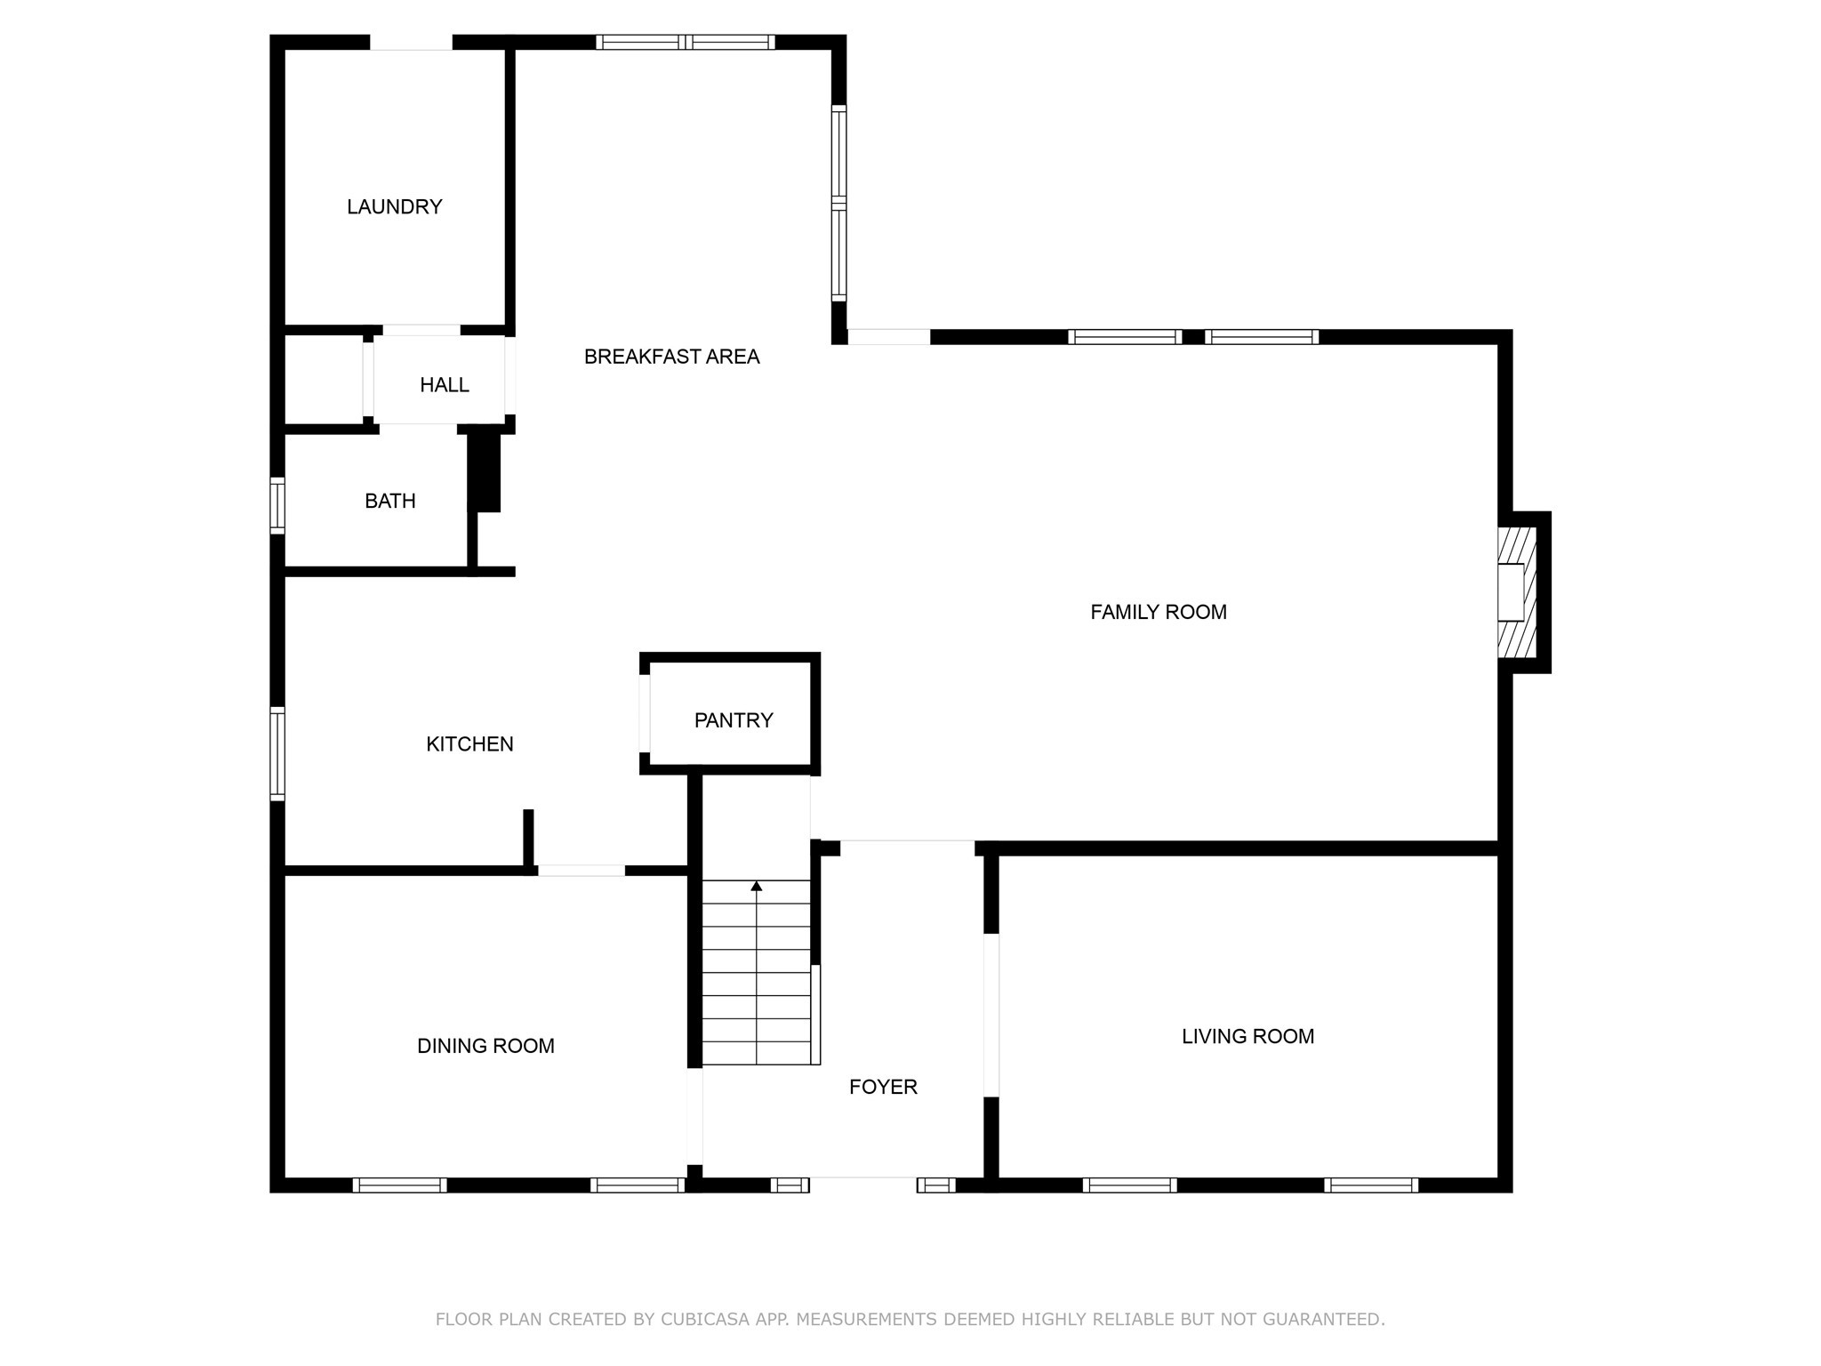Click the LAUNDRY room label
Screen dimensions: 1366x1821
click(394, 207)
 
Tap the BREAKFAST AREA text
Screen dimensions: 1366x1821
click(671, 357)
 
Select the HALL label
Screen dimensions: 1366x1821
click(444, 385)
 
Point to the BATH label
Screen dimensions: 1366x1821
click(389, 502)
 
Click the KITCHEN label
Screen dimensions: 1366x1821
click(469, 744)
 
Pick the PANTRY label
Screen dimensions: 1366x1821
click(734, 720)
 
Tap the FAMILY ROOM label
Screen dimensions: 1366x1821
click(1158, 612)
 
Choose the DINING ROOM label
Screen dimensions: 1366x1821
click(485, 1047)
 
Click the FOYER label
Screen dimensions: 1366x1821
click(883, 1087)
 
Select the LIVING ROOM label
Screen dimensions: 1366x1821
click(1247, 1036)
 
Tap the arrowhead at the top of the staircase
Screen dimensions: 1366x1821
click(757, 886)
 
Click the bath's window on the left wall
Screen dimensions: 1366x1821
click(277, 505)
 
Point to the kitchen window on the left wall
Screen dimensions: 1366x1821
click(277, 753)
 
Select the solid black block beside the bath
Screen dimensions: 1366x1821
click(485, 469)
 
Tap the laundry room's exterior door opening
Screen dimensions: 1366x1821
click(411, 42)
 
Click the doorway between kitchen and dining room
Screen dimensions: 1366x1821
click(582, 871)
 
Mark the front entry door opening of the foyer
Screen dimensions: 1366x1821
click(862, 1185)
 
